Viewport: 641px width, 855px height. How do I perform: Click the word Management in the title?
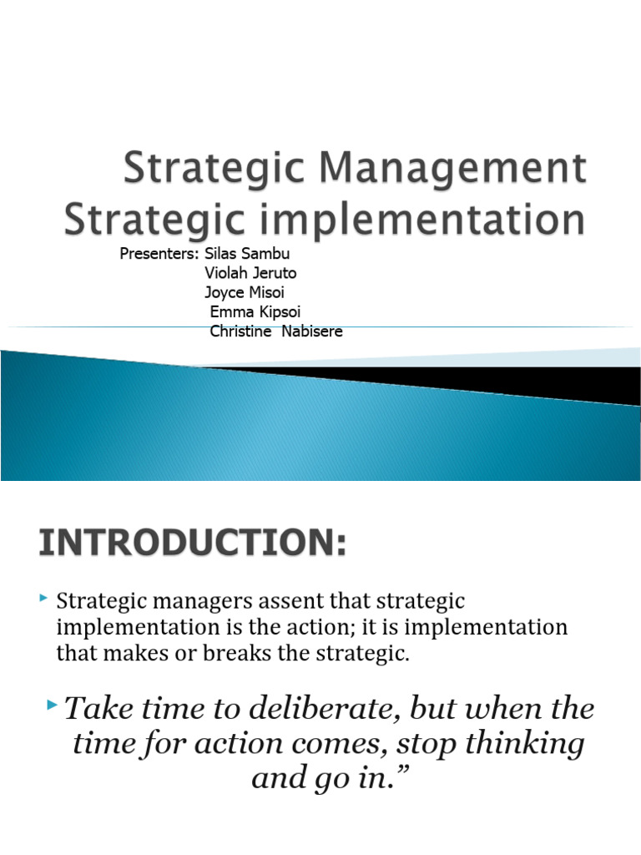455,170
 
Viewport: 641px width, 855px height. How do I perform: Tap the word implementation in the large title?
405,220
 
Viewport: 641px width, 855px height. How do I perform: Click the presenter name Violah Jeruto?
250,273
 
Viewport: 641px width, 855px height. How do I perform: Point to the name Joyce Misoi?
244,292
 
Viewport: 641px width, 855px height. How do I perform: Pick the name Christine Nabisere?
276,331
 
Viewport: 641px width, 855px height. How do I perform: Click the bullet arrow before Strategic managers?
43,598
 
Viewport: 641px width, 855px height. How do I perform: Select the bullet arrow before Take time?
54,707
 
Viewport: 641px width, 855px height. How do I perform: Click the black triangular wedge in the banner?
501,380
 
